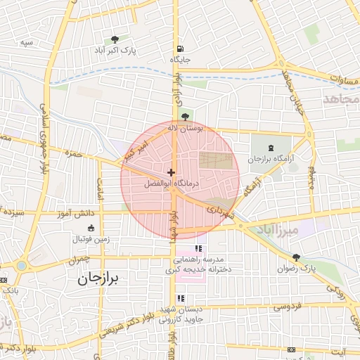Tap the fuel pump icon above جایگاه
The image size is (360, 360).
click(181, 49)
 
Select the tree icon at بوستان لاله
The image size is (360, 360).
click(185, 117)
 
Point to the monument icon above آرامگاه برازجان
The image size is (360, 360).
click(272, 148)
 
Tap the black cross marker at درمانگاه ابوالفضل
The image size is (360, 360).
click(171, 172)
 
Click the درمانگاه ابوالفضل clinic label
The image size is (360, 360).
click(172, 184)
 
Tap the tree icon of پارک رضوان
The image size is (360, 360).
click(296, 257)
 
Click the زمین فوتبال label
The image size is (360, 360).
click(90, 239)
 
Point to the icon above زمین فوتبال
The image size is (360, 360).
click(90, 227)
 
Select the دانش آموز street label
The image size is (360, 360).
click(70, 212)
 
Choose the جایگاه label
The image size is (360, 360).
click(180, 60)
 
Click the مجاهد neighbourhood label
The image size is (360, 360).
click(340, 98)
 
